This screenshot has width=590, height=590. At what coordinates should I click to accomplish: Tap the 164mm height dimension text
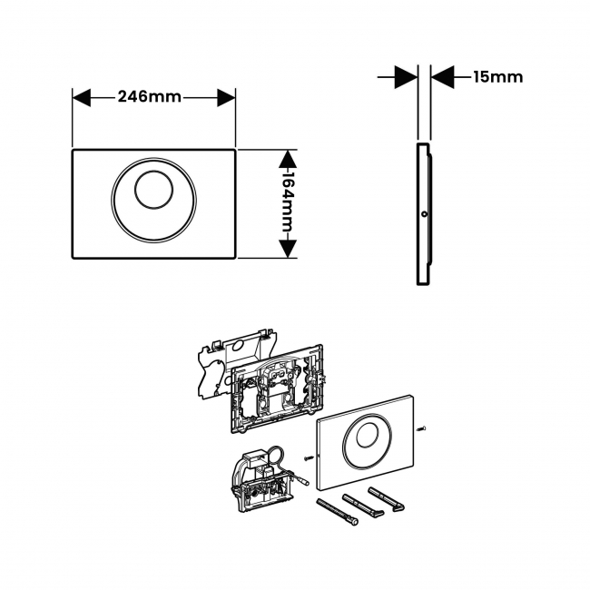pyautogui.click(x=287, y=203)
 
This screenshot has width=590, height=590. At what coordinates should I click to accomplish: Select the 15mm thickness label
pyautogui.click(x=497, y=77)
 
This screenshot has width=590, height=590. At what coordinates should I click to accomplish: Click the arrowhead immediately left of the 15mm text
pyautogui.click(x=442, y=77)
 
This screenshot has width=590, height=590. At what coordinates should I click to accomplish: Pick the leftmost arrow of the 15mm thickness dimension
pyautogui.click(x=408, y=77)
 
